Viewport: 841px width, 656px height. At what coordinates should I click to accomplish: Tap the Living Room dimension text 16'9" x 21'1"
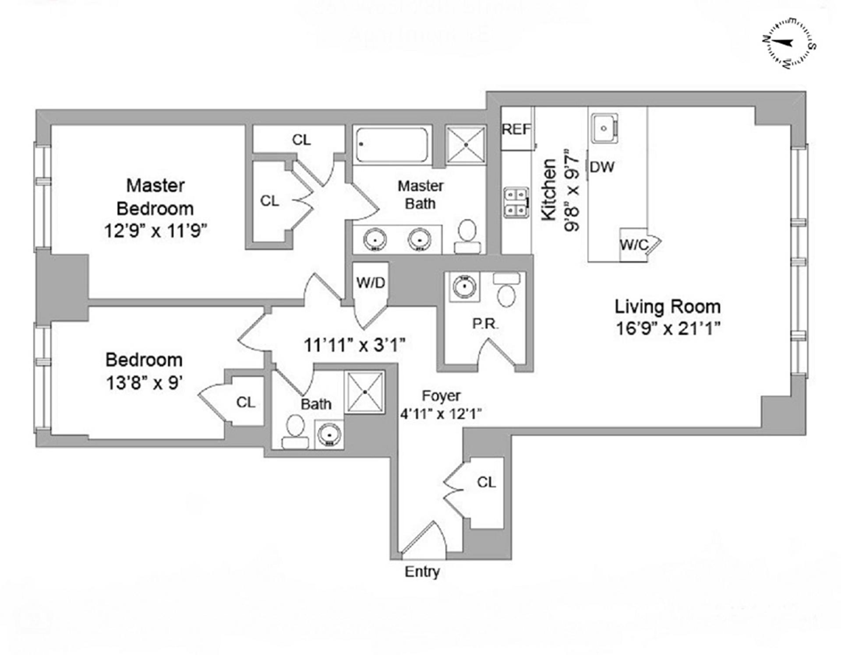(x=668, y=328)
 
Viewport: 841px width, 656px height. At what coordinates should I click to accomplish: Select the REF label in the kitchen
(x=516, y=129)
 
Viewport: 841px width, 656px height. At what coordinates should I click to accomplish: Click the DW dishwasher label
(x=602, y=167)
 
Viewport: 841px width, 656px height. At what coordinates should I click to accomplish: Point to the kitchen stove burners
(x=516, y=202)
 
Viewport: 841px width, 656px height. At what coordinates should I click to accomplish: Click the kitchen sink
(x=604, y=128)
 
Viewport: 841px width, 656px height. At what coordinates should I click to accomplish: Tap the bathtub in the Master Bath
(x=392, y=145)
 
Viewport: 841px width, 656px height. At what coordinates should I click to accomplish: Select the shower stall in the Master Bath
(x=466, y=145)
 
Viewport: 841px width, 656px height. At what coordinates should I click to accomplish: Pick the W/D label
(x=371, y=283)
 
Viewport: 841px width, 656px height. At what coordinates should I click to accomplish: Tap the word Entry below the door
(x=422, y=572)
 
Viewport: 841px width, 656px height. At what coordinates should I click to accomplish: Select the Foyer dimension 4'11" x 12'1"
(x=441, y=413)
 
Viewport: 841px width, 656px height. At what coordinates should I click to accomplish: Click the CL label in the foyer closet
(x=486, y=482)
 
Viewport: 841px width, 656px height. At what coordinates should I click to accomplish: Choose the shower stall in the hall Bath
(x=365, y=392)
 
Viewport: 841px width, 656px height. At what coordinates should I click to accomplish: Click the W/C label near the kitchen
(x=634, y=245)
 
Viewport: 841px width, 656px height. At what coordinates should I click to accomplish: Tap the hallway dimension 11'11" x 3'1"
(x=354, y=345)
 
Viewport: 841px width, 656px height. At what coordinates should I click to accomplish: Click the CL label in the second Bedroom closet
(x=245, y=402)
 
